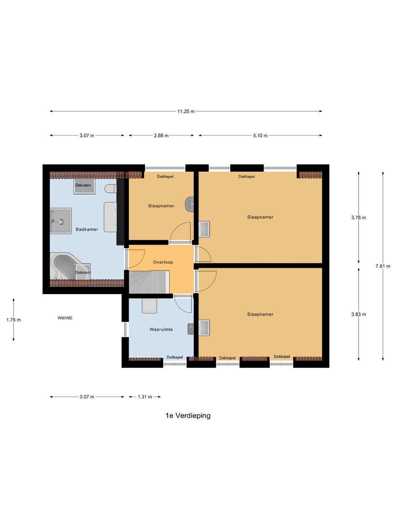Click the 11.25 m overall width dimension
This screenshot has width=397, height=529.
coord(186,111)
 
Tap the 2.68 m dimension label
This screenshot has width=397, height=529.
coord(161,136)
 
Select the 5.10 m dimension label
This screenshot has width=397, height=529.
coord(260,136)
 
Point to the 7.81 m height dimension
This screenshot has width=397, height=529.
coord(383,266)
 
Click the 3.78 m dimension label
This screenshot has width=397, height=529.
coord(358,217)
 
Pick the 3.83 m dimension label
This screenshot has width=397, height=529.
coord(358,314)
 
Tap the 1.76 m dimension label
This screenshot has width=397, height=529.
coord(14,320)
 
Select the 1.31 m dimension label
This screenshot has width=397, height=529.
coord(145,397)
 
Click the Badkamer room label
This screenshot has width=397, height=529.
coord(87,229)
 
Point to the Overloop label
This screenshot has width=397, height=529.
coord(163,262)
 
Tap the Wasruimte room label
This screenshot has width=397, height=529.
coord(161,330)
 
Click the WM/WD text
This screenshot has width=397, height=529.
coord(65,318)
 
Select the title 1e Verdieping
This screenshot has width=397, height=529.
coord(188,415)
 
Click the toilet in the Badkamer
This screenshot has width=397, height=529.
coord(111,188)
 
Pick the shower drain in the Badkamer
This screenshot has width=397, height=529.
coord(62,222)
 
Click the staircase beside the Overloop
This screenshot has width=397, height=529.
coord(149,282)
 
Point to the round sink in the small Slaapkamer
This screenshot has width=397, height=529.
coord(189,204)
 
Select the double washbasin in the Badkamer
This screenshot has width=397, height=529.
coord(110,217)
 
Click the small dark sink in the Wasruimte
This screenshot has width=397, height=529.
coord(191,329)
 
